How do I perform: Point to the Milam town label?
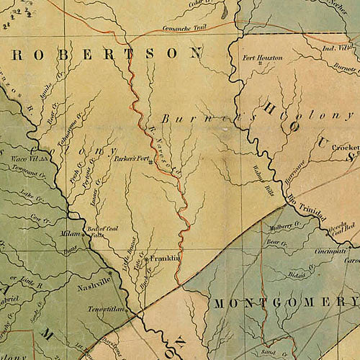[x=68, y=234]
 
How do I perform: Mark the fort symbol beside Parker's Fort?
[x=150, y=163]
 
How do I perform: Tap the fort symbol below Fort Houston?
[x=260, y=66]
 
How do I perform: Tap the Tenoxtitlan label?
[x=102, y=308]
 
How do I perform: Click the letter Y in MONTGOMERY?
[x=356, y=303]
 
